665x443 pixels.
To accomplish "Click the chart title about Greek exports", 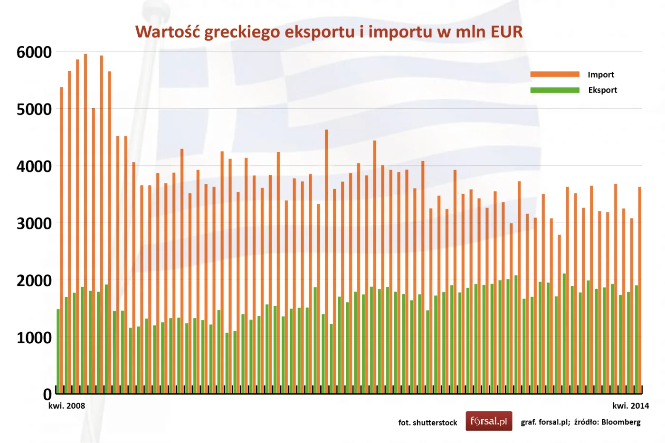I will [329, 32].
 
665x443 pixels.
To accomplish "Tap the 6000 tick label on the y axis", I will [34, 52].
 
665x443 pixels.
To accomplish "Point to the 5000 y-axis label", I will [34, 109].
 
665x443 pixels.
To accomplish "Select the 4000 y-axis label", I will [34, 167].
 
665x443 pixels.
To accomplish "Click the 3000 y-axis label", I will [34, 224].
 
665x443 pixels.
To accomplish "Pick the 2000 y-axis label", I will [34, 281].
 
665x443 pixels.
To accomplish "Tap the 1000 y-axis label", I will [34, 338].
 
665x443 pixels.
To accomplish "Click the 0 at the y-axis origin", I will [47, 394].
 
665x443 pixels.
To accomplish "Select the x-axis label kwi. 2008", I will [66, 406].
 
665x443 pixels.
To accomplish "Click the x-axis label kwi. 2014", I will [630, 406].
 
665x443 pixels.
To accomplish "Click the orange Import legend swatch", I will [555, 74].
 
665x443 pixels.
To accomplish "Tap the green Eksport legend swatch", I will [555, 90].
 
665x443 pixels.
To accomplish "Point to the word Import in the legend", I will [601, 75].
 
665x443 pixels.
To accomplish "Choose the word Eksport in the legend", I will [602, 90].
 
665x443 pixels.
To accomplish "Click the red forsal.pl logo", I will [489, 421].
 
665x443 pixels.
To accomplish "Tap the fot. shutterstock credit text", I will [427, 423].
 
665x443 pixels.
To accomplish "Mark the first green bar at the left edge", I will [58, 351].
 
